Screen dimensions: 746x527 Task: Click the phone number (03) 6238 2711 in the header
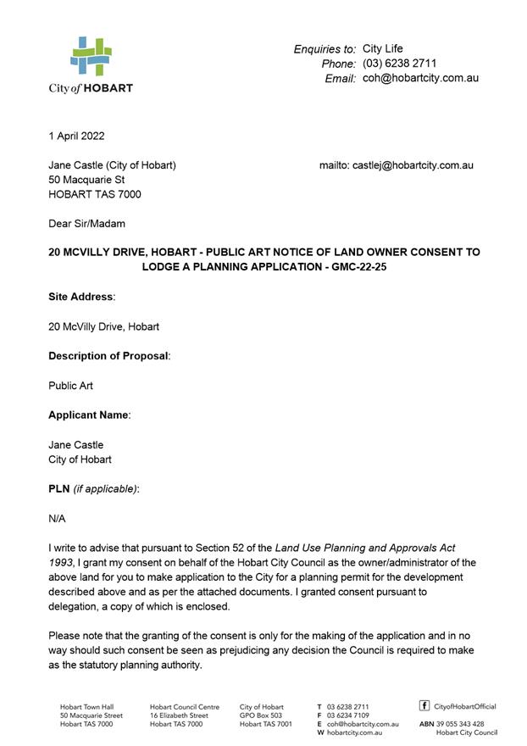[x=399, y=64]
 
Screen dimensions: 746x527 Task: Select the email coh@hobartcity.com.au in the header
[x=420, y=78]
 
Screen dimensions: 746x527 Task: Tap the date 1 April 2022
[x=77, y=136]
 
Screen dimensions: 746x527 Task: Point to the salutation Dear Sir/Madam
[x=86, y=224]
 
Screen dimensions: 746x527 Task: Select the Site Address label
[x=80, y=297]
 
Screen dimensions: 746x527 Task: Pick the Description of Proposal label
[x=108, y=356]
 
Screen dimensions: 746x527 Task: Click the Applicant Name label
[x=88, y=415]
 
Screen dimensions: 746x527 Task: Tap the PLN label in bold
[x=59, y=489]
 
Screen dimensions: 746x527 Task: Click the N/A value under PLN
[x=57, y=519]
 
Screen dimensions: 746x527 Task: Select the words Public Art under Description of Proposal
[x=71, y=386]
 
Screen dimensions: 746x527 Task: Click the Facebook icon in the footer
[x=424, y=705]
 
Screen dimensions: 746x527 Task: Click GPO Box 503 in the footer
[x=261, y=715]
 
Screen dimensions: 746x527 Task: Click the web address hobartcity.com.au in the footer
[x=355, y=732]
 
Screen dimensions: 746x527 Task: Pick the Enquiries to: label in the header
[x=325, y=49]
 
